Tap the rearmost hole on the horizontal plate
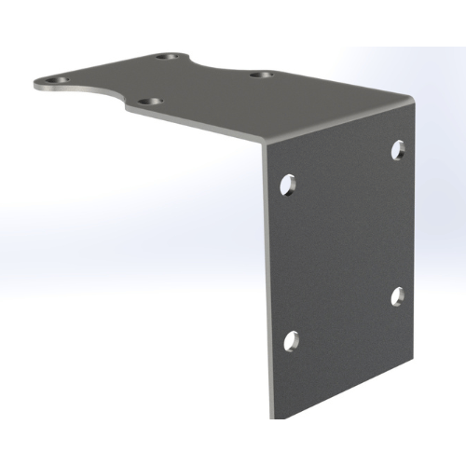pos(168,58)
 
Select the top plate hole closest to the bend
pos(262,74)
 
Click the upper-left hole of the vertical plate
pos(289,183)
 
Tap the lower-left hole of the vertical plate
pos(290,340)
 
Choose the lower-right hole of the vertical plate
pos(397,296)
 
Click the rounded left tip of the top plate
pos(37,84)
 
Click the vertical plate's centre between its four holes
pos(343,244)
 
